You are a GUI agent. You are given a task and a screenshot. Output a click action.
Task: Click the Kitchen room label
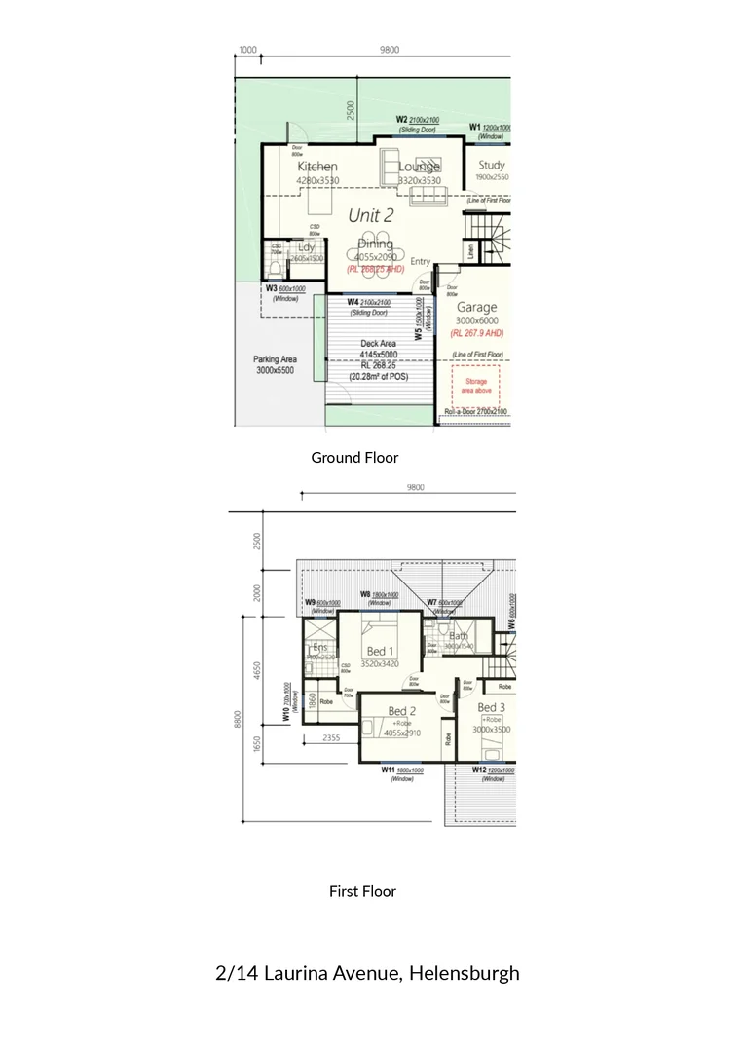pos(317,167)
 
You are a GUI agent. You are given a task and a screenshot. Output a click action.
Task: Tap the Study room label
pos(492,166)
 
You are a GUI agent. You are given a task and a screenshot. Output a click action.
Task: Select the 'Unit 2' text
pos(370,215)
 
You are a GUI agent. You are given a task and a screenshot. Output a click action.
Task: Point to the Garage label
pos(476,307)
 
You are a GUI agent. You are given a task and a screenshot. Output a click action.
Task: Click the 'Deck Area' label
pos(377,344)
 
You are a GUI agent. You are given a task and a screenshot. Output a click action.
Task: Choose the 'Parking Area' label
pos(276,359)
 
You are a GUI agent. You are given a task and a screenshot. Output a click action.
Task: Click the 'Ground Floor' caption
pos(354,457)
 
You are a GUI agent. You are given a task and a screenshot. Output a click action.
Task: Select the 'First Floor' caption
pos(362,890)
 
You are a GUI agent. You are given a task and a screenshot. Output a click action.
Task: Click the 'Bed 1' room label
pos(380,651)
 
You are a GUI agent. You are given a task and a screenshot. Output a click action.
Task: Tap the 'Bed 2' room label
pos(402,711)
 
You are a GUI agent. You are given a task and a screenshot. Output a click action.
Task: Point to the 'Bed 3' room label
pos(491,707)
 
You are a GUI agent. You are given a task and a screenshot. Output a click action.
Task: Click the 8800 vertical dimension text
pos(237,719)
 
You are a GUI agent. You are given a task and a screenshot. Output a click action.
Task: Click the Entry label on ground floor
pos(420,261)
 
